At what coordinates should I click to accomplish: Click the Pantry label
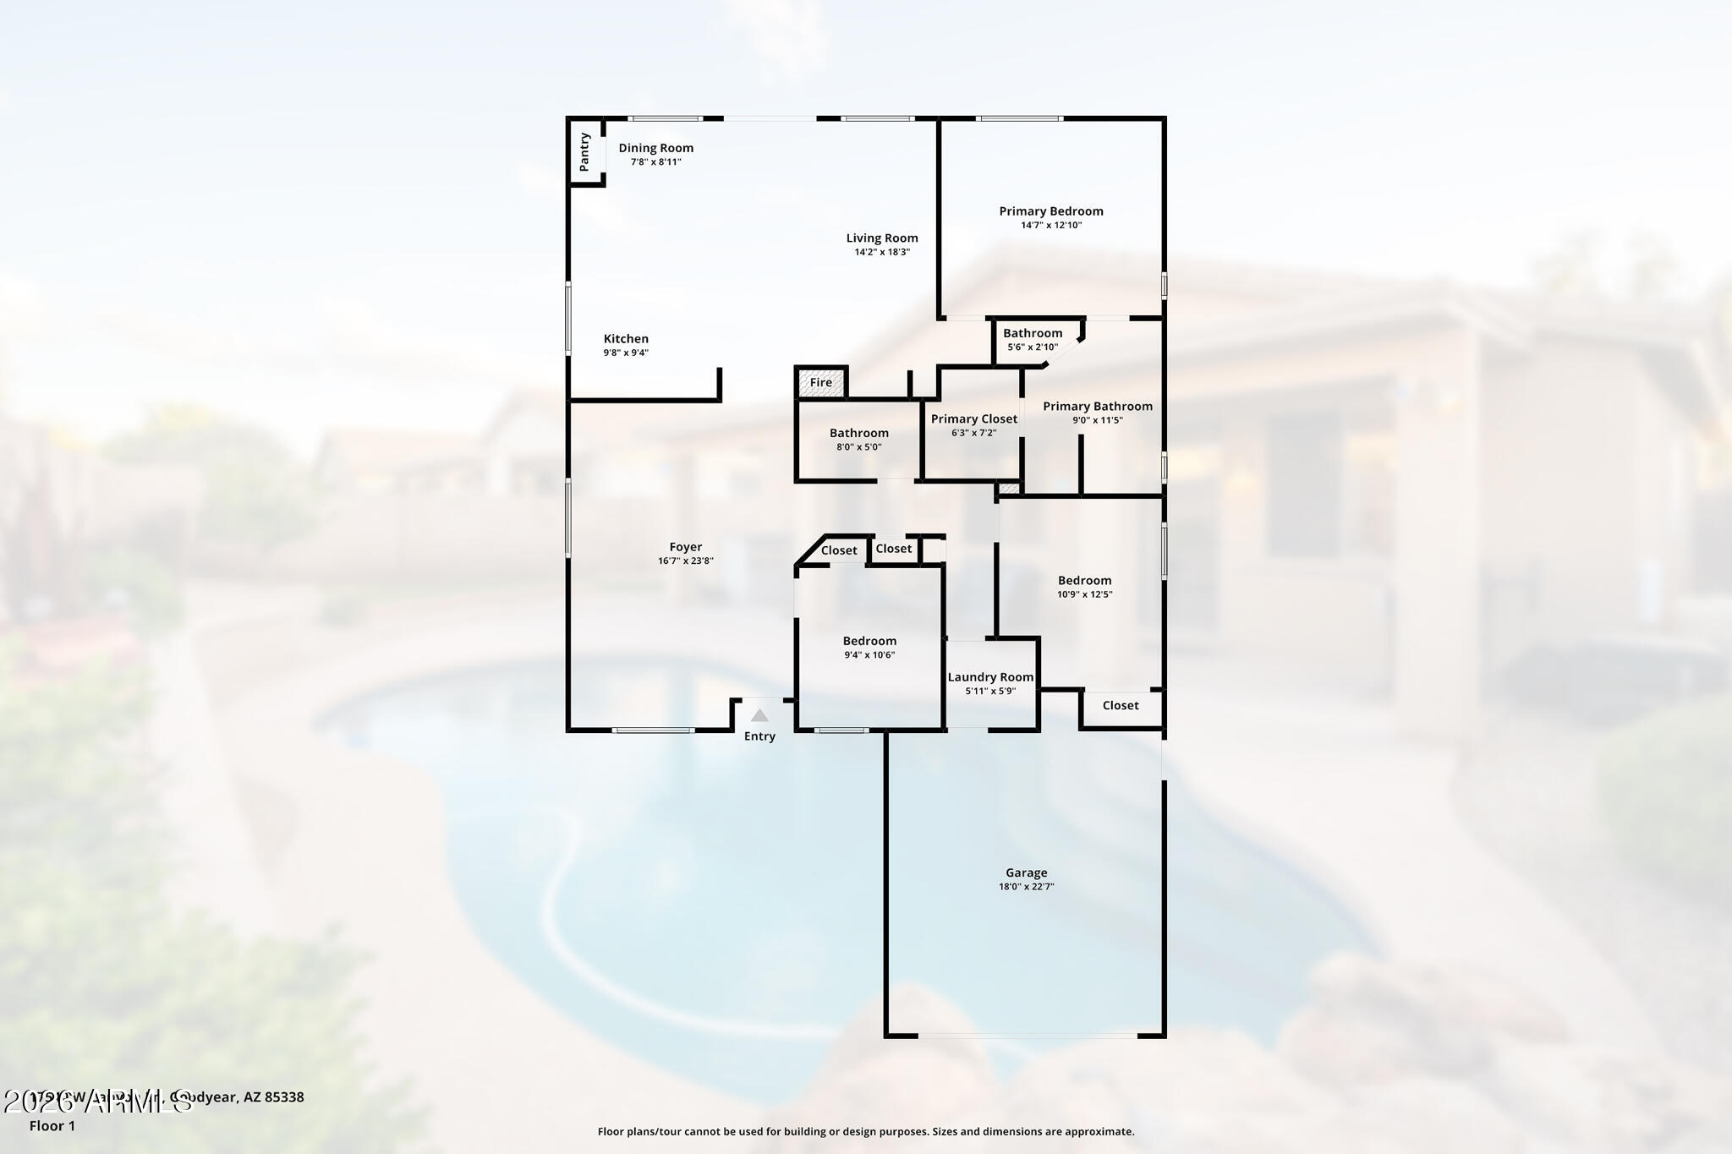[x=584, y=151]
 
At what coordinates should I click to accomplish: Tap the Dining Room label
[x=655, y=148]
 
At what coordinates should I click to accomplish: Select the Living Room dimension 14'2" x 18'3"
[x=882, y=252]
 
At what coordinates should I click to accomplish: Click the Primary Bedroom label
[x=1051, y=211]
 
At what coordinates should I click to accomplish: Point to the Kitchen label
[x=626, y=339]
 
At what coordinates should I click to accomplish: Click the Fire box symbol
[x=821, y=382]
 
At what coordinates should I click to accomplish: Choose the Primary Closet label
[x=974, y=418]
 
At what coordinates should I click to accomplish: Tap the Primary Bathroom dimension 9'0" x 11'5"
[x=1098, y=420]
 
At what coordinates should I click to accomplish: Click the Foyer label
[x=686, y=547]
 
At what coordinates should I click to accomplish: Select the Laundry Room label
[x=990, y=677]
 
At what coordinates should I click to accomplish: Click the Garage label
[x=1027, y=872]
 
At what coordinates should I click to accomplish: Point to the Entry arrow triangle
[x=759, y=715]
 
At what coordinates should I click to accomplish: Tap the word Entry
[x=759, y=736]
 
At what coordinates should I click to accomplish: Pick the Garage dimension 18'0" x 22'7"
[x=1027, y=887]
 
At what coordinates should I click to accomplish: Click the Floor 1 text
[x=52, y=1126]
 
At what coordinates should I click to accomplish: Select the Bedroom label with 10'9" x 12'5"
[x=1084, y=581]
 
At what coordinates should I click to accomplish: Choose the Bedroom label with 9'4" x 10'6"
[x=869, y=641]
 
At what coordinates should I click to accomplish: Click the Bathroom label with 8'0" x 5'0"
[x=859, y=433]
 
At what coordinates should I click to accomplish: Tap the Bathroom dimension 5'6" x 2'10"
[x=1033, y=347]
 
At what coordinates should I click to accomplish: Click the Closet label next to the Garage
[x=1121, y=705]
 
